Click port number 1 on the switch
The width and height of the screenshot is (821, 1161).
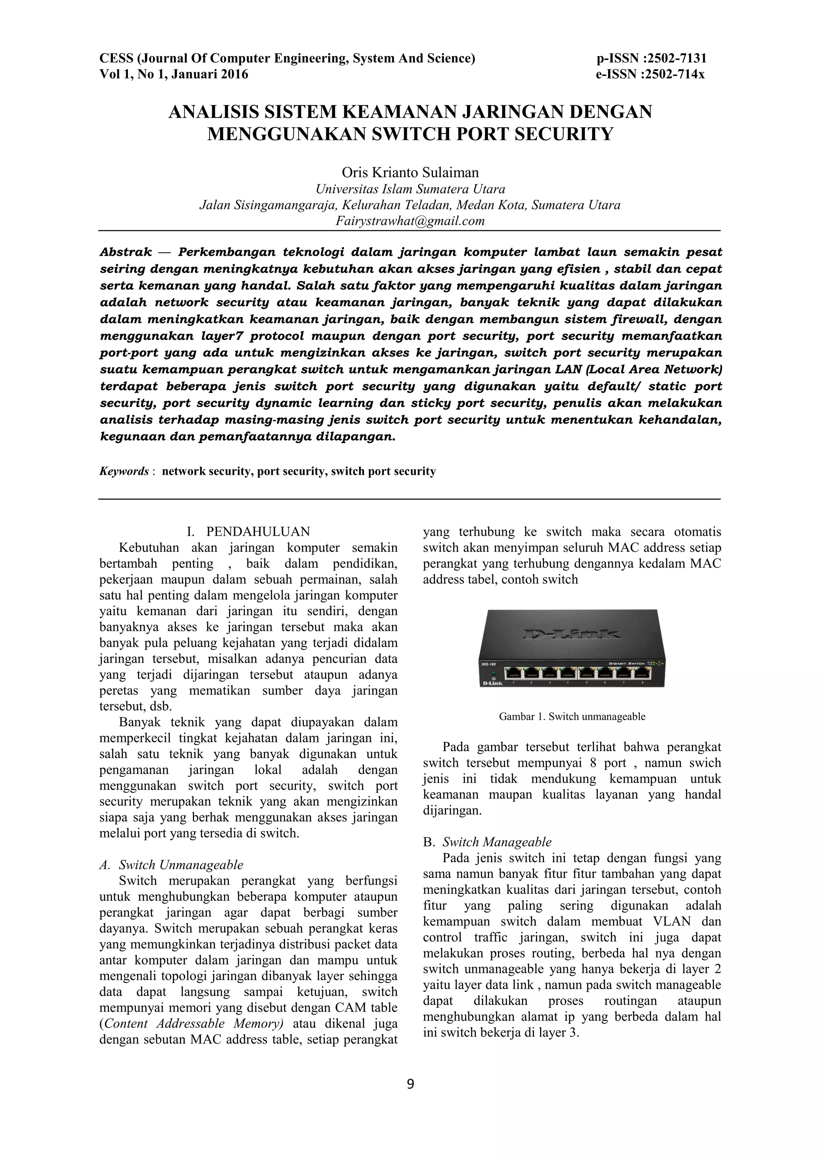(515, 673)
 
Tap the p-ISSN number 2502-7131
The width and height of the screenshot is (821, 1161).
(678, 59)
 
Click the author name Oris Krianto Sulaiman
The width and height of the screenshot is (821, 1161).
(410, 173)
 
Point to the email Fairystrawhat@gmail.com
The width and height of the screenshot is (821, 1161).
(410, 221)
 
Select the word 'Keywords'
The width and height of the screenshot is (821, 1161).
(124, 471)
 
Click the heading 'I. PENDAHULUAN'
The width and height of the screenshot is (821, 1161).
(248, 531)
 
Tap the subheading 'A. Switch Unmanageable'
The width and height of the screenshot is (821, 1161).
(172, 865)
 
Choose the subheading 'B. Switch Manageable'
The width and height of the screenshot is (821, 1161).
(487, 842)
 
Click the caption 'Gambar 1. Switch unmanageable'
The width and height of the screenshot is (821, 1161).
(572, 717)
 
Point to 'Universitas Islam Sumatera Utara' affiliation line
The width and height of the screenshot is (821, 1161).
(410, 190)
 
